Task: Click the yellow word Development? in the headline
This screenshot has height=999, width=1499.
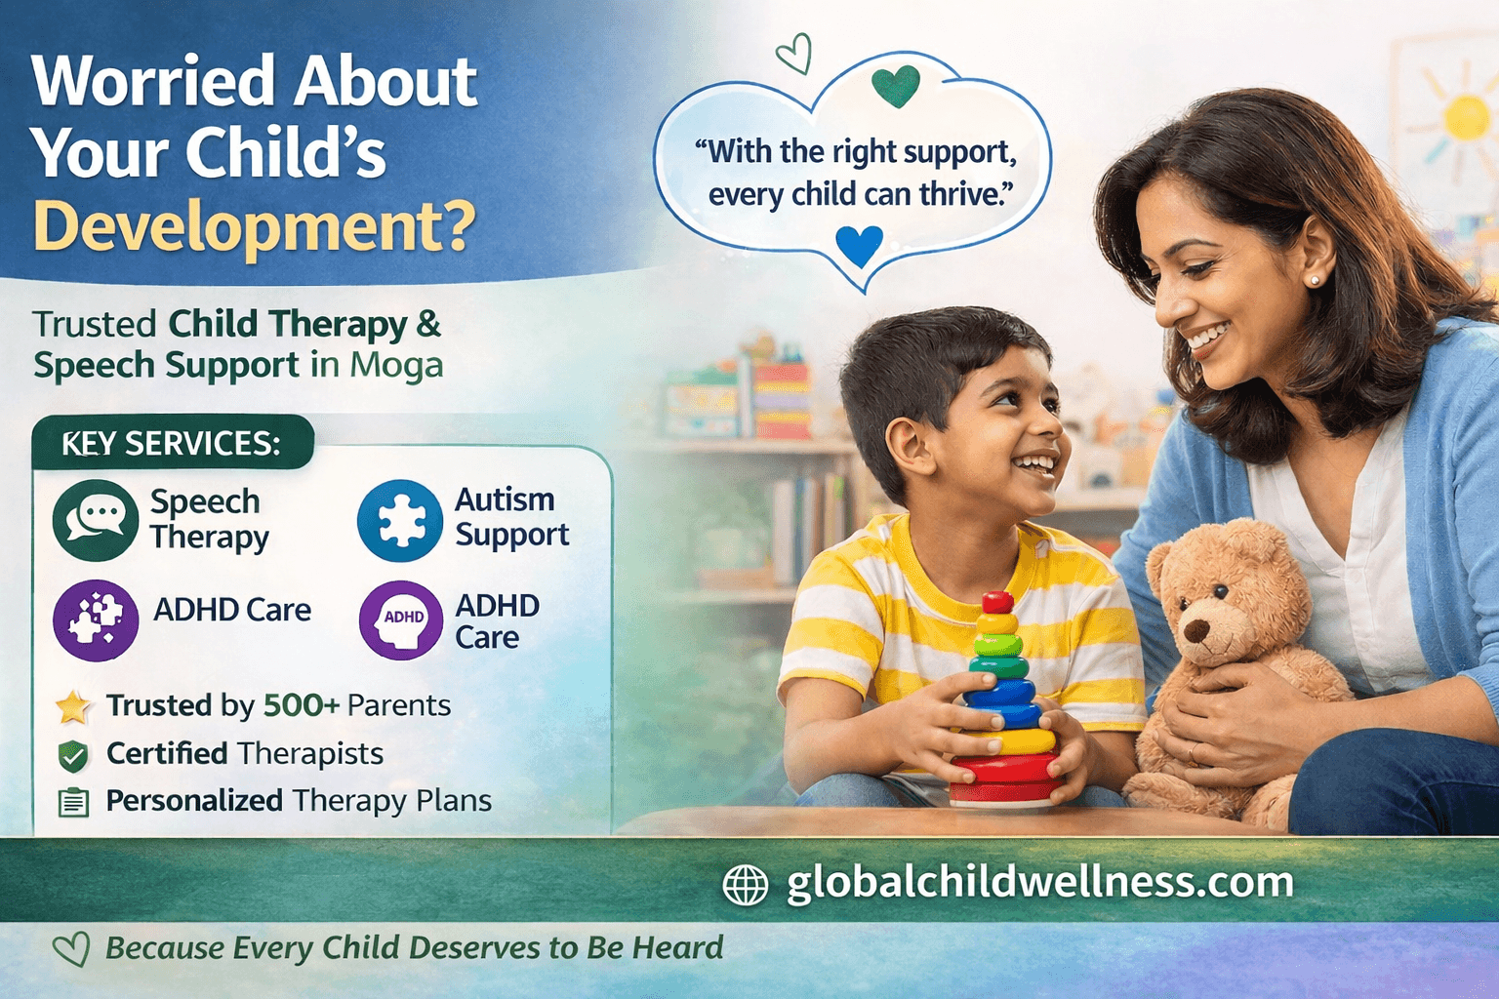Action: click(255, 226)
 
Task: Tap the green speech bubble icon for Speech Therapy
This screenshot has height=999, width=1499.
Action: click(96, 520)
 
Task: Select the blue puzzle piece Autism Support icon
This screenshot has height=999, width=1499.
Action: click(400, 521)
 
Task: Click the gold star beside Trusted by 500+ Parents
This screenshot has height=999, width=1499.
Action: click(73, 706)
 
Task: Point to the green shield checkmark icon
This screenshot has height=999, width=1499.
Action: click(73, 755)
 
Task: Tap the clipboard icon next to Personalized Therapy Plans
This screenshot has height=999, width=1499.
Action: click(73, 802)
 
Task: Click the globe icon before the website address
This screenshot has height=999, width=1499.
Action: click(746, 885)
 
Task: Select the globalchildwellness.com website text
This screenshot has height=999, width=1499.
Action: click(1039, 882)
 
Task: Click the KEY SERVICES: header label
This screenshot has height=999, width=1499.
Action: click(171, 444)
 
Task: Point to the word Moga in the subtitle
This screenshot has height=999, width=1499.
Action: click(396, 365)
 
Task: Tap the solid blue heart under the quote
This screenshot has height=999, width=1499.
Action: click(860, 245)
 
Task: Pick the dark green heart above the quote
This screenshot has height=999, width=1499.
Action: click(896, 86)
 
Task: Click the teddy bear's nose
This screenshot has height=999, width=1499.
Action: click(1193, 631)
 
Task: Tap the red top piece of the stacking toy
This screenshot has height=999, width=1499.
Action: click(997, 601)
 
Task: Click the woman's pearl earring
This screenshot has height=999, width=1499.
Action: click(1314, 281)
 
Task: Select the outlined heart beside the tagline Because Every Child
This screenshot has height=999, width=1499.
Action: click(71, 949)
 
